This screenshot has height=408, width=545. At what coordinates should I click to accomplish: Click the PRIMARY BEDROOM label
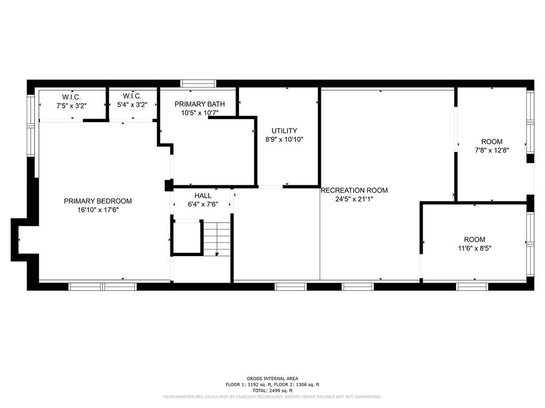coord(97,201)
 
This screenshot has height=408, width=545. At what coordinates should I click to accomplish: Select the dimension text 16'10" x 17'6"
coord(97,210)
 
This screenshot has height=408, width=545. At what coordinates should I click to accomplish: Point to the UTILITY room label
coord(284,131)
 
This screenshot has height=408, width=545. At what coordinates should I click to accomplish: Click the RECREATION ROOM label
coord(354,191)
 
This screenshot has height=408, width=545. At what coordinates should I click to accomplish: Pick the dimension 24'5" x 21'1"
coord(354,199)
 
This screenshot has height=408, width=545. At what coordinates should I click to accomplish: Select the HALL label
coord(203,195)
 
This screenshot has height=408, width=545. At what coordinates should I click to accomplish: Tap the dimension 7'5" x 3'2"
coord(71,105)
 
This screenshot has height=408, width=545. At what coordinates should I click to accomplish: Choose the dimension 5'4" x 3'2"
coord(132,105)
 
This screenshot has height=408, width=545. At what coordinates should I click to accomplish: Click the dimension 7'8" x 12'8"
coord(492,150)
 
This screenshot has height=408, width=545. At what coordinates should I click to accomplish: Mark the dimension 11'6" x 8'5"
coord(474,248)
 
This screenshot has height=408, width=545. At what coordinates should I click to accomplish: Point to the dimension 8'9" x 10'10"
coord(284,139)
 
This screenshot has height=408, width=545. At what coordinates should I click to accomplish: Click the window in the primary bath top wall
coord(198,83)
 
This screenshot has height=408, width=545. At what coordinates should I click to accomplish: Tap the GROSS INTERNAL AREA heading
coord(272,379)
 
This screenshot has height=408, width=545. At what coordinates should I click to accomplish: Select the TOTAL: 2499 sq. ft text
coord(272,390)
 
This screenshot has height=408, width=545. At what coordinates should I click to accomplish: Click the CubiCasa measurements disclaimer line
coord(272,397)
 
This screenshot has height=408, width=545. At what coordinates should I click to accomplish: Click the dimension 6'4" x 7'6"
coord(203,204)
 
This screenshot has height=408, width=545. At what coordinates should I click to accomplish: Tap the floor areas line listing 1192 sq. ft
coord(272,385)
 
